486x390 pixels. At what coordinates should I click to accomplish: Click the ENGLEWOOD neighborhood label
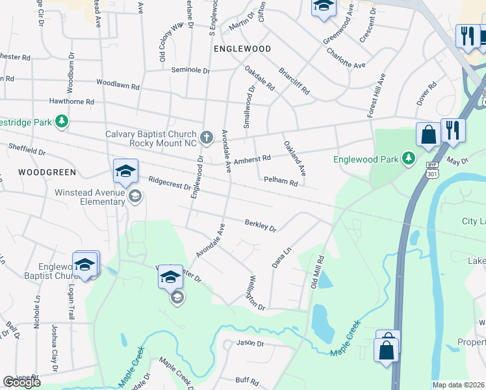242,49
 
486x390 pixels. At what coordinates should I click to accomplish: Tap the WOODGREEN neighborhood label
47,172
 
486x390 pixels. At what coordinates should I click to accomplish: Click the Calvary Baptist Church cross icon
206,136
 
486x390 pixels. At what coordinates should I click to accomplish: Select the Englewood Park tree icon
408,158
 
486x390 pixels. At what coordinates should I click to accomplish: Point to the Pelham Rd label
280,183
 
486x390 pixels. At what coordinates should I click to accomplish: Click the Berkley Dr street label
261,226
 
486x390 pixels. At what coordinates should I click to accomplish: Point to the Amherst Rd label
252,159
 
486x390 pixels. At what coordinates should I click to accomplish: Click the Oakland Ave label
294,159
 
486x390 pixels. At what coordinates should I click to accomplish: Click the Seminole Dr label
191,70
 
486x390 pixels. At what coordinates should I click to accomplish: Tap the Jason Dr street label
250,343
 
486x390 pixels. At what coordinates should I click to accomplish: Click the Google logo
21,382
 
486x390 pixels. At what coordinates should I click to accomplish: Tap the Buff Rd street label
247,380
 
